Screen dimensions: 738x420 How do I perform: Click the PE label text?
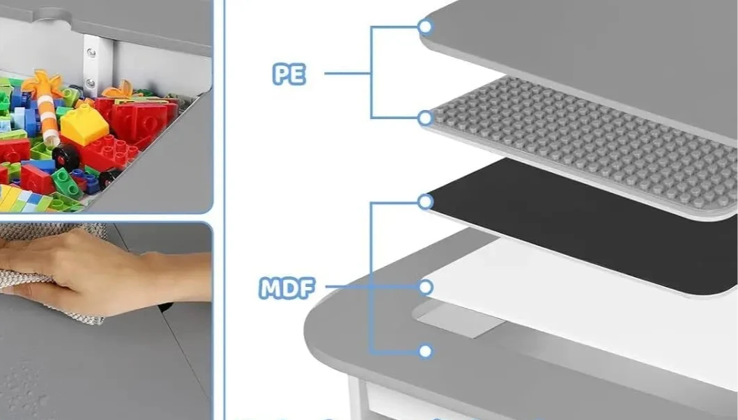point(289,75)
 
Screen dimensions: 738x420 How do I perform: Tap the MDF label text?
point(286,288)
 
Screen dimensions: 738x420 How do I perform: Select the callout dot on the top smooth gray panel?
point(425,26)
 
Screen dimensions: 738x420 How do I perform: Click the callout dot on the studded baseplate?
point(425,118)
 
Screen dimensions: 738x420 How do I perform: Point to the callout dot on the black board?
point(425,202)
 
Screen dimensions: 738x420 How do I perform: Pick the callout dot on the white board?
point(425,287)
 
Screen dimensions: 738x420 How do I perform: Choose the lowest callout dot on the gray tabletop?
point(425,351)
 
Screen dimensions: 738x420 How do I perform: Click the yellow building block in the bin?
point(84,125)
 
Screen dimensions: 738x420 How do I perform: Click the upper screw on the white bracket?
point(91,53)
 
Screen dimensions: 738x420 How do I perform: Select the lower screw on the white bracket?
point(90,84)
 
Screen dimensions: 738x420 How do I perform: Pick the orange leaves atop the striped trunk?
point(43,85)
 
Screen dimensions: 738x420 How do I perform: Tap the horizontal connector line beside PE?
point(347,73)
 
